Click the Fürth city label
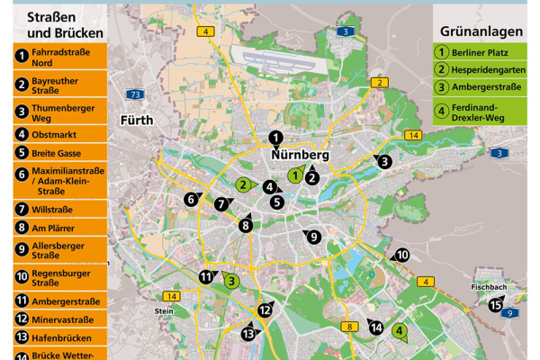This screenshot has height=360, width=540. pos(138,120)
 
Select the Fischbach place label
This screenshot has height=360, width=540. pos(490,288)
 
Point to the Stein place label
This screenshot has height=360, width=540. pos(163,311)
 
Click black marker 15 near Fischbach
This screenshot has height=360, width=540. pos(496,304)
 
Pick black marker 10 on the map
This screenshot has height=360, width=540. pos(402,256)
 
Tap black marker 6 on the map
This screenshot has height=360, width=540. pos(192,200)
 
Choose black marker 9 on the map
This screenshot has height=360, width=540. pos(313,238)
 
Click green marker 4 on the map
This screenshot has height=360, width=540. pos(400,331)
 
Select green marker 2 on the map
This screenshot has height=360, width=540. pos(242,185)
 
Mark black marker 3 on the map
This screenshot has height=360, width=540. pos(384,162)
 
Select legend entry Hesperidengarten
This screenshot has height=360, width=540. pos(481,69)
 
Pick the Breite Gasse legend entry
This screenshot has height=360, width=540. pos(56,153)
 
